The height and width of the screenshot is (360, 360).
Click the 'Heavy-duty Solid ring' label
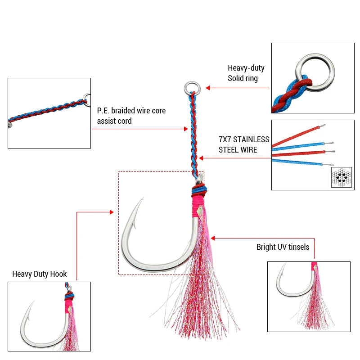(x=246, y=73)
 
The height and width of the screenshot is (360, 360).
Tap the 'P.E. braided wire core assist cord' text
(x=131, y=116)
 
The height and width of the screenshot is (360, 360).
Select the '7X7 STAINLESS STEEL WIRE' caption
(x=244, y=144)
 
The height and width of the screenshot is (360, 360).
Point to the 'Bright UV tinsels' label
(x=283, y=247)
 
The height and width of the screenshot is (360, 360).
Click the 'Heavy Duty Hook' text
(x=40, y=274)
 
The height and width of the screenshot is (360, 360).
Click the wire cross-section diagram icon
(x=341, y=177)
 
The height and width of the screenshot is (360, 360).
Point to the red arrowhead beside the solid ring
(x=208, y=88)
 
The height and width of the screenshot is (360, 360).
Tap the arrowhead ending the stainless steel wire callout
(x=201, y=158)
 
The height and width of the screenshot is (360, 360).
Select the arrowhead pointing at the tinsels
(x=213, y=238)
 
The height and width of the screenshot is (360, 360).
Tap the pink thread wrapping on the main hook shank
(x=197, y=205)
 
